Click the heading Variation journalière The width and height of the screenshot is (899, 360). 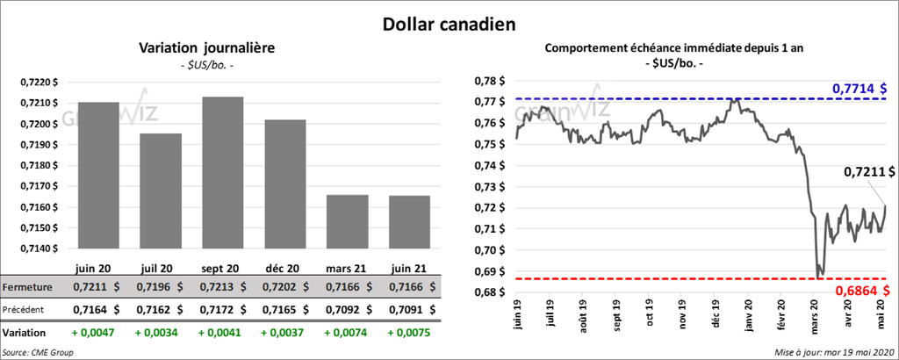(x=207, y=48)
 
